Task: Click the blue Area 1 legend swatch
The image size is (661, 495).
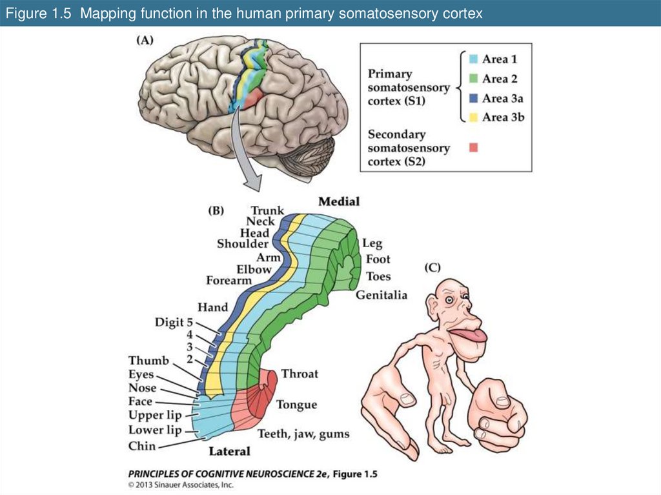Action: click(473, 59)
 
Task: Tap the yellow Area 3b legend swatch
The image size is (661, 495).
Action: click(473, 117)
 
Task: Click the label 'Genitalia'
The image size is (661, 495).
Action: click(381, 295)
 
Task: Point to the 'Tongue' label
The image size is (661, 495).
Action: click(296, 405)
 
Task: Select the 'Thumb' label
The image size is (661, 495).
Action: click(148, 360)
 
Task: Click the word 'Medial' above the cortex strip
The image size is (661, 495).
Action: click(338, 201)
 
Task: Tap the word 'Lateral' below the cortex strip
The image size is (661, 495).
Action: click(229, 451)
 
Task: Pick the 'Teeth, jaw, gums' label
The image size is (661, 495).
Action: click(303, 434)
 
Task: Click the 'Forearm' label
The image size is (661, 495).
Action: click(229, 281)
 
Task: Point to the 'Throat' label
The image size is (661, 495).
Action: click(300, 374)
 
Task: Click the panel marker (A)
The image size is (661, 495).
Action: click(144, 40)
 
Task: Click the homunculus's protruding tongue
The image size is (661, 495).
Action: click(469, 336)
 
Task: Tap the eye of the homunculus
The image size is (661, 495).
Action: click(448, 297)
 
